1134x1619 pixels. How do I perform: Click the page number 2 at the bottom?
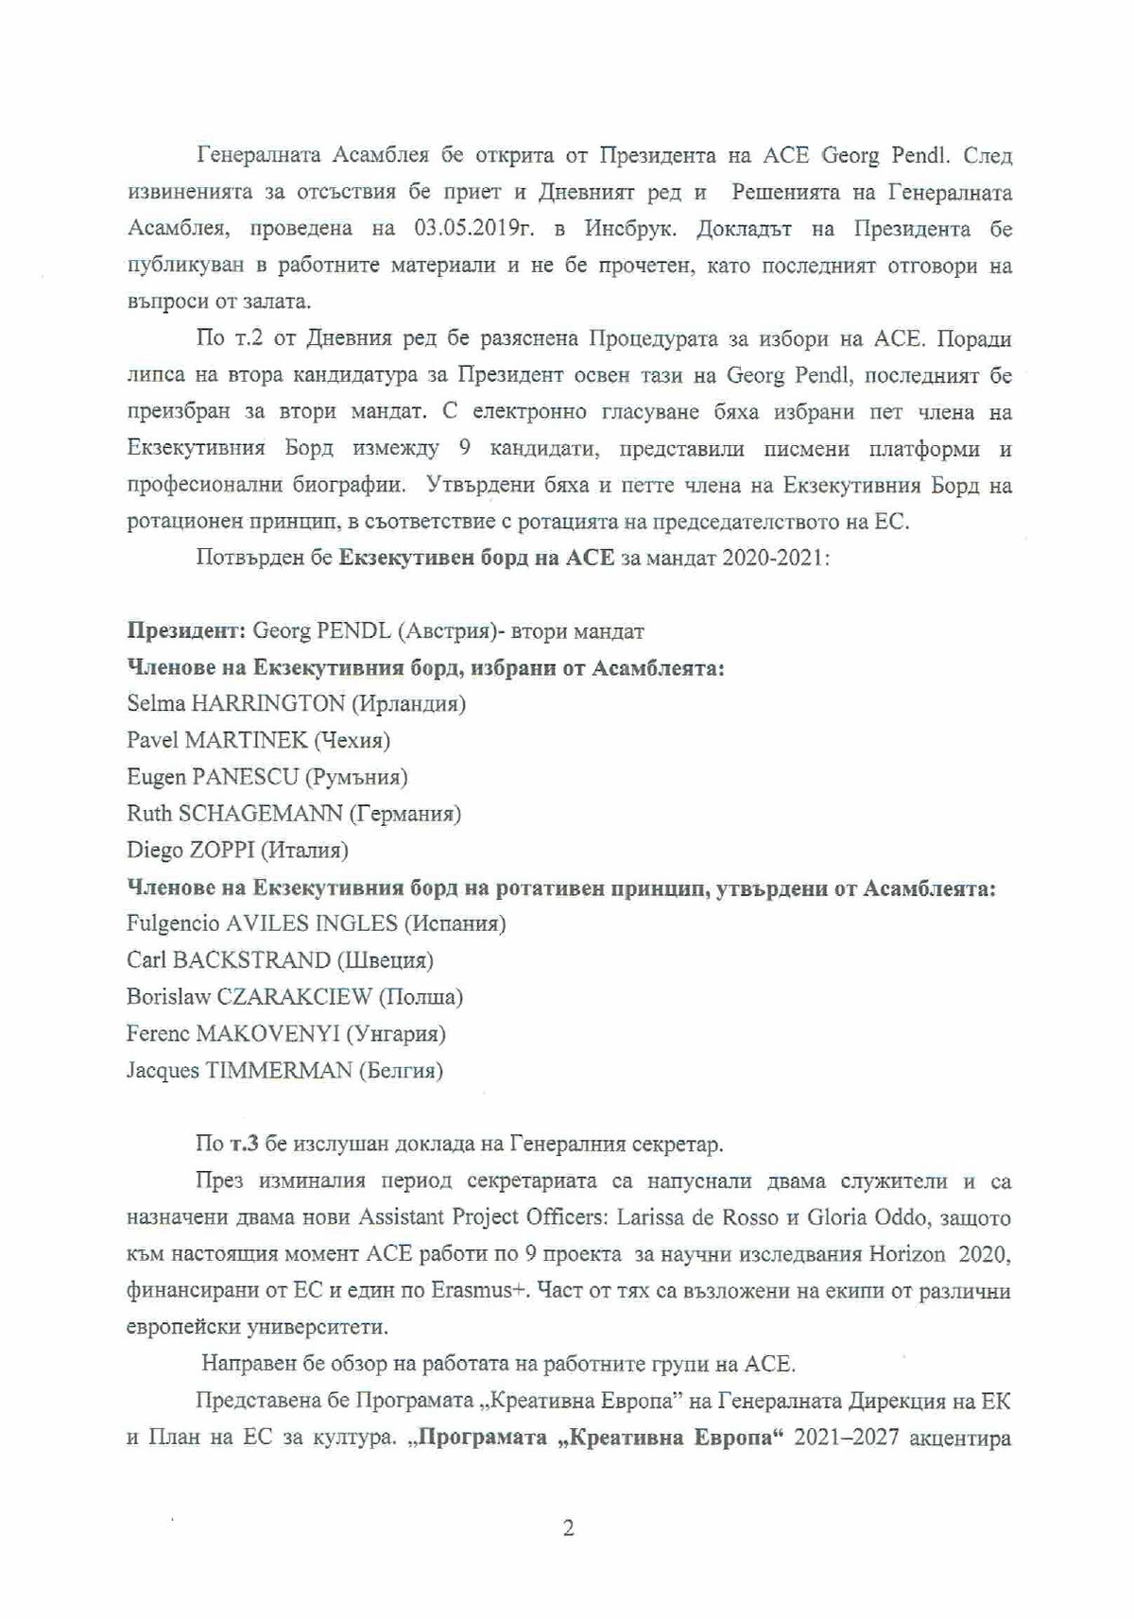pyautogui.click(x=568, y=1528)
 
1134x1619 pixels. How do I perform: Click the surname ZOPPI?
pyautogui.click(x=222, y=850)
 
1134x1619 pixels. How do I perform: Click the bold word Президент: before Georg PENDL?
pyautogui.click(x=186, y=630)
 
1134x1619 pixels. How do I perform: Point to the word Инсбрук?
pyautogui.click(x=627, y=230)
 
